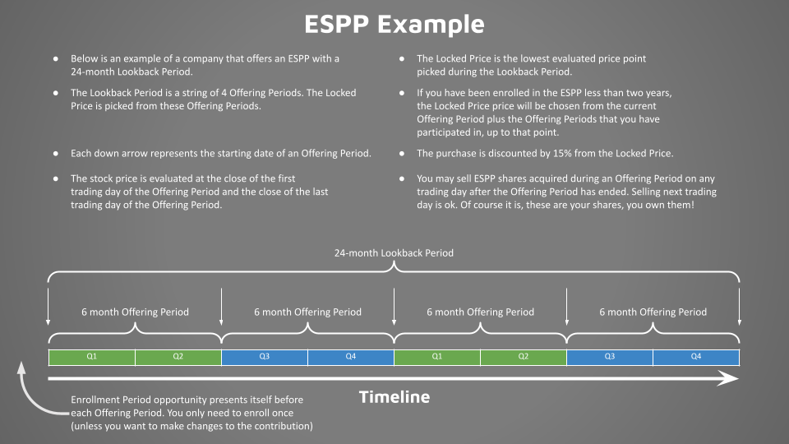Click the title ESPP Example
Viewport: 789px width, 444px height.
coord(394,25)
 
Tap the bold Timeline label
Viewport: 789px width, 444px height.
coord(394,397)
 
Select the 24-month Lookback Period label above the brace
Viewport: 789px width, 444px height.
coord(394,253)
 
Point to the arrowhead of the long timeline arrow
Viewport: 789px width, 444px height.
coord(731,379)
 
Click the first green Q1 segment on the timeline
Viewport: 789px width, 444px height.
coord(92,357)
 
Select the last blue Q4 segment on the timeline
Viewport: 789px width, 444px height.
coord(696,357)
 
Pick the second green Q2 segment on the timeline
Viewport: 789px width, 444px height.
coord(524,357)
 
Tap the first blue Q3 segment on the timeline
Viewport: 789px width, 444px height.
coord(265,357)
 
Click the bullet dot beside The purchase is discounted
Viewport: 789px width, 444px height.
coord(402,154)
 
